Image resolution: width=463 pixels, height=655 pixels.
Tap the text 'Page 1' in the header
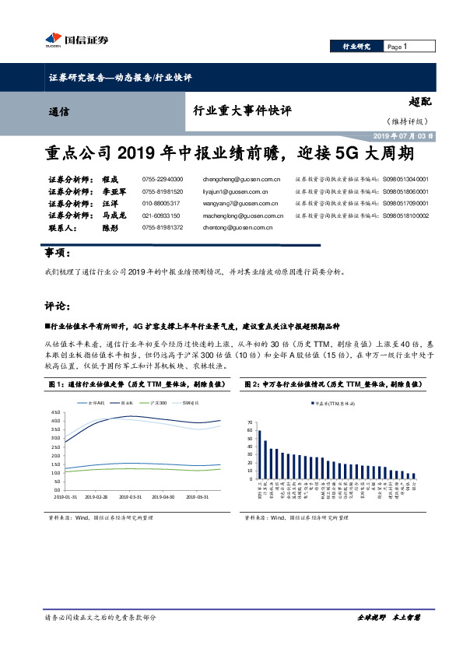point(397,47)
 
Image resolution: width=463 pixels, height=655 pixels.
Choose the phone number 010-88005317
point(160,203)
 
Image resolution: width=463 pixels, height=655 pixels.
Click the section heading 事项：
point(58,254)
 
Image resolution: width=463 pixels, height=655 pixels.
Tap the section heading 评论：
point(58,305)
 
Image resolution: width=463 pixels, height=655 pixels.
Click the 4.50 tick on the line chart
point(55,412)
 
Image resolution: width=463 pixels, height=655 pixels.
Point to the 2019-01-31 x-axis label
point(65,496)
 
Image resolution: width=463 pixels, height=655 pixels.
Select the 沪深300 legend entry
point(157,402)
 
